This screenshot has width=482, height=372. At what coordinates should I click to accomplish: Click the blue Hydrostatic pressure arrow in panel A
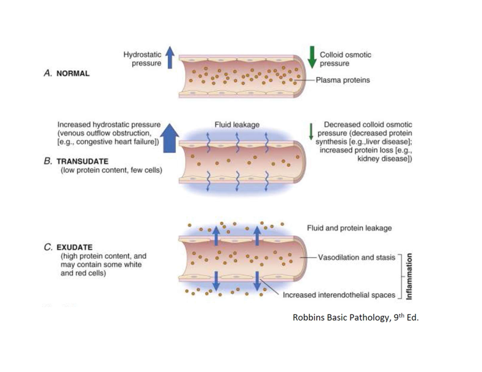[170, 58]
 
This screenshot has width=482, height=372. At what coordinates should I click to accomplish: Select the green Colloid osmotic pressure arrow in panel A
[312, 57]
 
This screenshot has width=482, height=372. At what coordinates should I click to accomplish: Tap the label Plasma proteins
[343, 80]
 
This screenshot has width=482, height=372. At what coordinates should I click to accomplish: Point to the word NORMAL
[73, 74]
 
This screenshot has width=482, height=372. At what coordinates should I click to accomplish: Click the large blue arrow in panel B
[169, 137]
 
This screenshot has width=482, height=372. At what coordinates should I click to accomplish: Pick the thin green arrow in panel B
[311, 132]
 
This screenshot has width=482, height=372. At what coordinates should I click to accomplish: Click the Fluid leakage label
[237, 125]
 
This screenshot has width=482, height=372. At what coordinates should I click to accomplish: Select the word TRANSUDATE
[82, 161]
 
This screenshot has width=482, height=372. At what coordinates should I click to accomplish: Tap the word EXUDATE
[74, 248]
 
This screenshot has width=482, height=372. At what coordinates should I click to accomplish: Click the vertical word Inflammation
[409, 276]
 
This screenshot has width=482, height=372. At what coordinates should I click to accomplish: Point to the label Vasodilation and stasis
[356, 258]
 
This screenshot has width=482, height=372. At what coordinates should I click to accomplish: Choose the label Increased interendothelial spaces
[339, 295]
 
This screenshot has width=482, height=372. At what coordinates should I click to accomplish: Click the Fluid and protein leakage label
[349, 228]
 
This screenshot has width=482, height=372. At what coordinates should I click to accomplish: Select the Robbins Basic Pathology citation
[356, 318]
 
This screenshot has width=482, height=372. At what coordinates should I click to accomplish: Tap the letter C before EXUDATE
[48, 248]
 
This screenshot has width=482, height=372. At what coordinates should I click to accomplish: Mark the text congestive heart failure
[118, 142]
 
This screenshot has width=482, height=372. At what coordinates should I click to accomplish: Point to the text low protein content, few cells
[111, 170]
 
